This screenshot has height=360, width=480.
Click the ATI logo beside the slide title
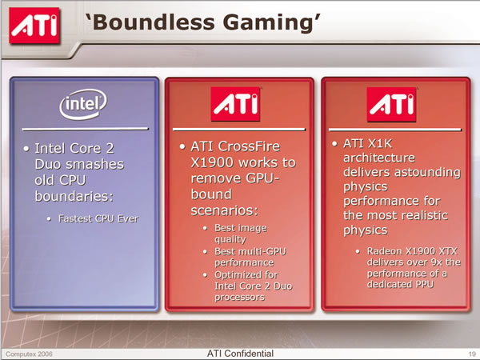coord(34,26)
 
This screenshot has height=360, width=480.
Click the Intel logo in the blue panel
coord(83,104)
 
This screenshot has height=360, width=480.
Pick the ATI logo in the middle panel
coord(235,104)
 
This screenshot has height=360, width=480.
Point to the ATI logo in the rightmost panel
coord(391,104)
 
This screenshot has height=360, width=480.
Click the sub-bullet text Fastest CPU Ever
coord(98,218)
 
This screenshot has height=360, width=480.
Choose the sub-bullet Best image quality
coord(241,234)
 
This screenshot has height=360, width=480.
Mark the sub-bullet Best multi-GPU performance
coord(250,257)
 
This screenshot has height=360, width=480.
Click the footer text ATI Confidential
coord(240,354)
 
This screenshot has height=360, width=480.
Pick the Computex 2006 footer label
coord(29,354)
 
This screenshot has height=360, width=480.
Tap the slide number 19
coord(472,354)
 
